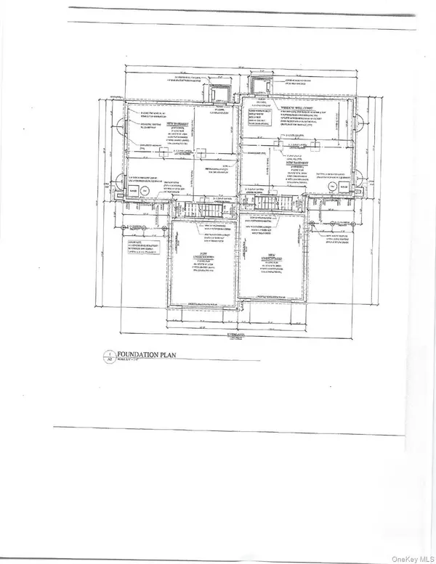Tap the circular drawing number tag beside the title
click(x=111, y=357)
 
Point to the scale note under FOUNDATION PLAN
click(x=131, y=362)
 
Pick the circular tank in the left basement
click(x=145, y=191)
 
